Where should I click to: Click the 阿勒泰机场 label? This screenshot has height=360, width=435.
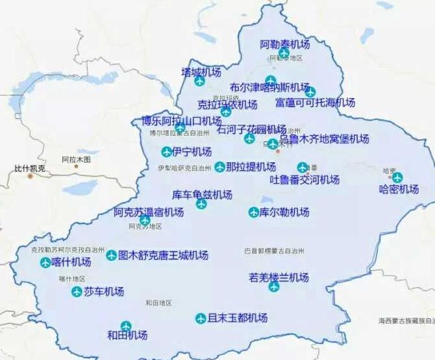[285, 45]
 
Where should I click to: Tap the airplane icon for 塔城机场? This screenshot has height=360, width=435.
[200, 81]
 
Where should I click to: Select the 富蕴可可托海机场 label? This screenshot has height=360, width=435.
[315, 103]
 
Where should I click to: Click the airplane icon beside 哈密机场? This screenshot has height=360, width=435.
[397, 177]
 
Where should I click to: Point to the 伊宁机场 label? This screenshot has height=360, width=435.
[192, 152]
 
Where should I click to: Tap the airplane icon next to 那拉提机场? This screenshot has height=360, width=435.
[220, 167]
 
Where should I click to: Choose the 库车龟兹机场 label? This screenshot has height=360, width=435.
[202, 194]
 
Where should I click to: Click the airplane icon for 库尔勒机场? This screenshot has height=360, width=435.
[254, 212]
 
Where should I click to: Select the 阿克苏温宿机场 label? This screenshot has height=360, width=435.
[149, 212]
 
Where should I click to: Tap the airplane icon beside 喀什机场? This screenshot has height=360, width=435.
[45, 263]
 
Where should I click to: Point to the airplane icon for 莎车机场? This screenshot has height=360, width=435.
[77, 292]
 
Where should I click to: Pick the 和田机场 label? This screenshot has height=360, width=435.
[127, 336]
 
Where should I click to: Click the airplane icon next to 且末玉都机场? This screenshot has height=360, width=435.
[201, 318]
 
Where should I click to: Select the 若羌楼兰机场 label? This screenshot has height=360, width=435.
[279, 277]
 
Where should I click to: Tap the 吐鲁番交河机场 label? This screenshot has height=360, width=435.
[304, 179]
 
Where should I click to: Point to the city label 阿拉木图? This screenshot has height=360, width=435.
[76, 159]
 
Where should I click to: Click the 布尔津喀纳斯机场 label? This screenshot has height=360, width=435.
[269, 87]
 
